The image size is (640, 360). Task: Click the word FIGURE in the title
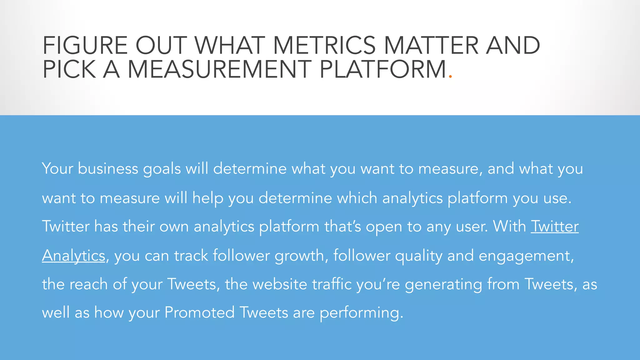tap(85, 46)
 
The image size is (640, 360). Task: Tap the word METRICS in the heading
tap(324, 46)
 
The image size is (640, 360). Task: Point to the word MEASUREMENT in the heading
tap(219, 69)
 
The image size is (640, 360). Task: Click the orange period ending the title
tap(450, 76)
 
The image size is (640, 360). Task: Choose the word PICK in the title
tap(69, 69)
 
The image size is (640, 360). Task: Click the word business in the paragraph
tap(108, 169)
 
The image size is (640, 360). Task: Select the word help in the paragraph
tap(208, 198)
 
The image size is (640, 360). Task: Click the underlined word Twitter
tap(555, 226)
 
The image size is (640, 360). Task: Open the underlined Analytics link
tap(73, 256)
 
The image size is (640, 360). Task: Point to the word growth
tap(299, 256)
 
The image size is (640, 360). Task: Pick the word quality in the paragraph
tap(419, 256)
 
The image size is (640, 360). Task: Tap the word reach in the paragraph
tap(88, 284)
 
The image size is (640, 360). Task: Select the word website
tap(280, 284)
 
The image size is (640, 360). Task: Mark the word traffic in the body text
tap(332, 284)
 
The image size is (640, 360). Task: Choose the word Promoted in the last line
tap(199, 312)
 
